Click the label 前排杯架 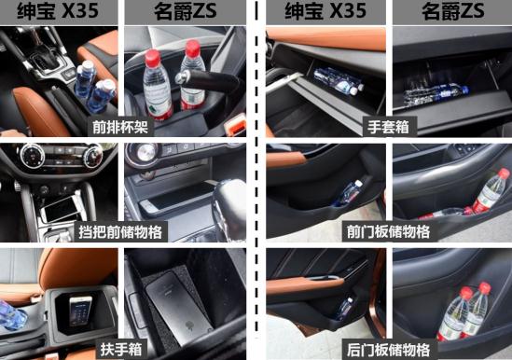point(120,127)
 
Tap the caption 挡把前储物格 point(120,232)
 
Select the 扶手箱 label point(121,349)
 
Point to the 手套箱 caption point(388,127)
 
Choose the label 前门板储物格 point(389,232)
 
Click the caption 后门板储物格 point(389,350)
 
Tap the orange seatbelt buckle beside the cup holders point(235,125)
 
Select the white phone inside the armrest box point(80,311)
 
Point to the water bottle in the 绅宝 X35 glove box point(339,81)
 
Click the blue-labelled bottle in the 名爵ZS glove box point(436,93)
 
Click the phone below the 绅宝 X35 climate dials point(62,209)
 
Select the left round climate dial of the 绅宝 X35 point(32,156)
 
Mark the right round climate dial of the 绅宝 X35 point(93,156)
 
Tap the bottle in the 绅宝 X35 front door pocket point(349,193)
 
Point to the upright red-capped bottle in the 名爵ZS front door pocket point(491,191)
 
